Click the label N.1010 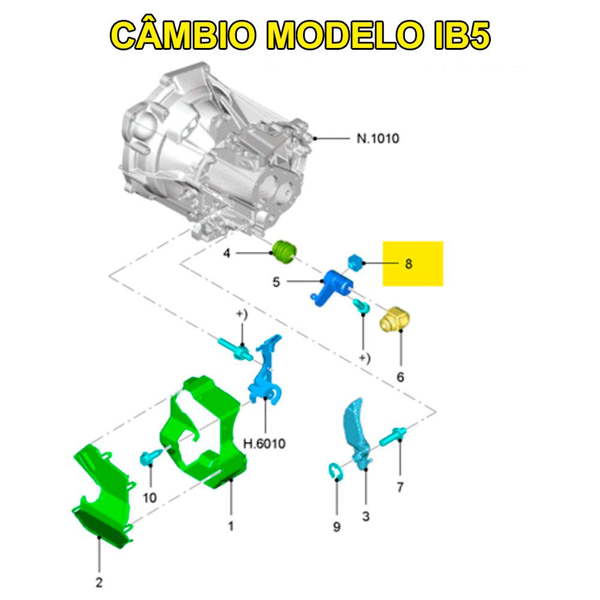click(377, 139)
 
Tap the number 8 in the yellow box click(409, 263)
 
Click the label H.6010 click(264, 445)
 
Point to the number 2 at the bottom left click(99, 581)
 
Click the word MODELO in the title click(335, 35)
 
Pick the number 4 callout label click(226, 254)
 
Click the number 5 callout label click(276, 281)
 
